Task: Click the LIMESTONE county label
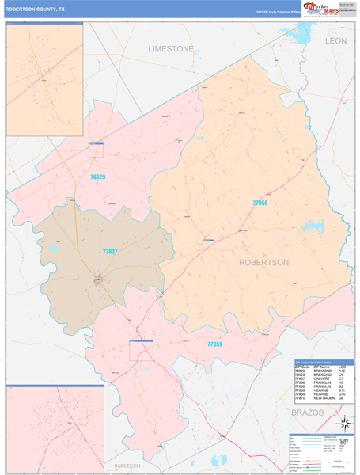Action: (x=170, y=49)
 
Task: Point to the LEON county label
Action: (x=335, y=40)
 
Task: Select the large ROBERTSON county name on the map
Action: (x=263, y=262)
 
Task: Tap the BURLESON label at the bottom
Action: (x=127, y=465)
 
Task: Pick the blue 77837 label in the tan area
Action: (x=110, y=252)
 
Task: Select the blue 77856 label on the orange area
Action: (x=260, y=203)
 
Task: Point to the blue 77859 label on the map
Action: (x=214, y=345)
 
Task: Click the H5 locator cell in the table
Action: (x=341, y=383)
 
